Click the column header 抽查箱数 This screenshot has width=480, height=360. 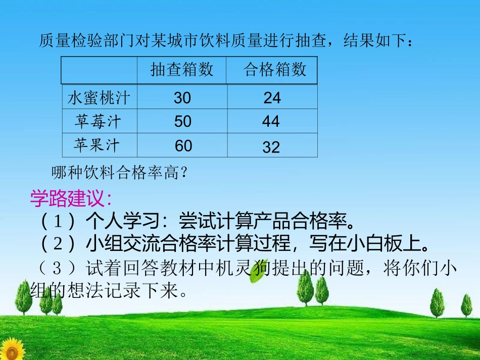182,70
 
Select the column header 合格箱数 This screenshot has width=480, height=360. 275,70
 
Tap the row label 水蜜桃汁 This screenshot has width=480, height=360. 99,97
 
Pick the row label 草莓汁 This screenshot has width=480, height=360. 98,121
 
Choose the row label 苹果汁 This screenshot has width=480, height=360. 97,145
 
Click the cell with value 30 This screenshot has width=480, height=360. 182,97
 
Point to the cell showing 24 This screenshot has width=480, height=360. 272,98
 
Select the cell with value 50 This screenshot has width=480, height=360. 182,122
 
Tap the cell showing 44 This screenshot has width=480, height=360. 271,122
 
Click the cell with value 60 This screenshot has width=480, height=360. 183,146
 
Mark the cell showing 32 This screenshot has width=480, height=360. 271,147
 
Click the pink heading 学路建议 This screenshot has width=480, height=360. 70,198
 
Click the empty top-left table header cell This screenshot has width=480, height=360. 99,70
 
